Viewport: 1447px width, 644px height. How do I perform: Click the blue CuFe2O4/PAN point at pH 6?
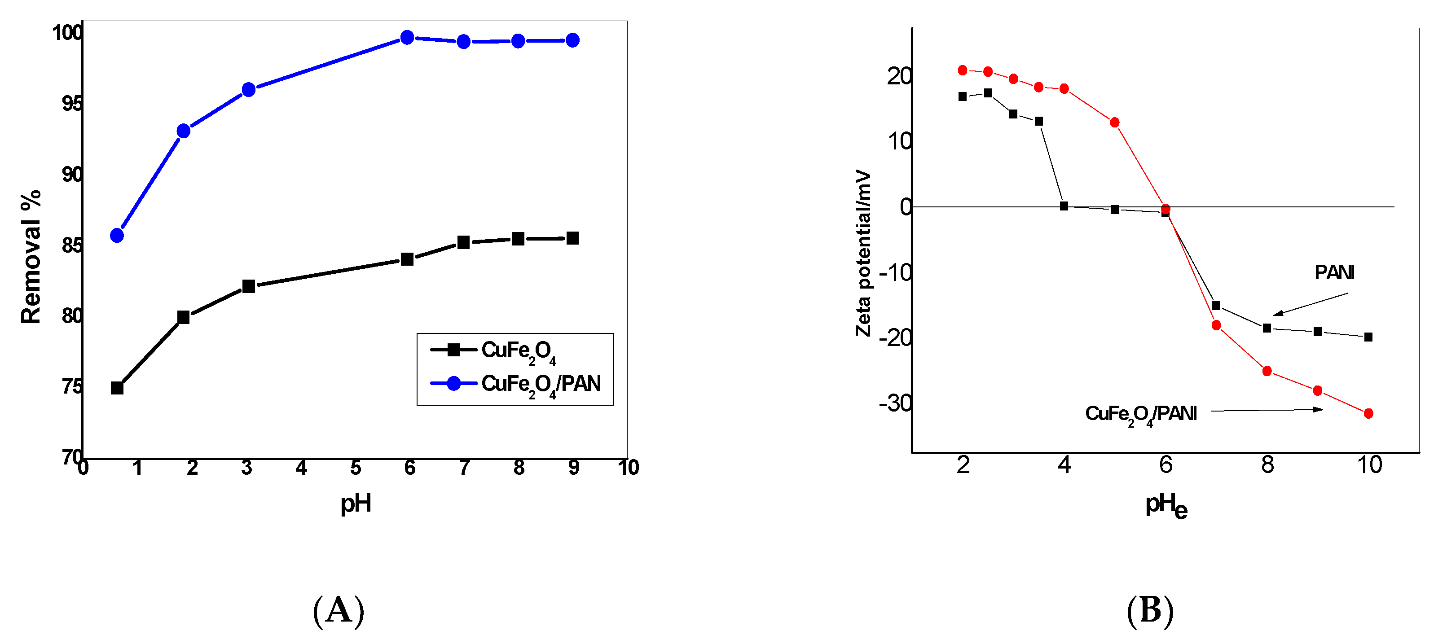[407, 38]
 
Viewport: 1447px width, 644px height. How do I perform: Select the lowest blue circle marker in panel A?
[117, 235]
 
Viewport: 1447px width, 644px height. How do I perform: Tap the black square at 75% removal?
[117, 388]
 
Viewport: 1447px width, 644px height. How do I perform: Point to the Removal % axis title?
[31, 257]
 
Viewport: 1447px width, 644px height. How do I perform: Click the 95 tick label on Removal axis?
[72, 104]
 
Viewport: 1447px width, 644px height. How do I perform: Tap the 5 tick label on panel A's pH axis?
[356, 468]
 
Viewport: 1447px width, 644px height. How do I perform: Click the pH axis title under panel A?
[356, 503]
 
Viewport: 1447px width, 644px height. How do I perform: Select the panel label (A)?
[339, 610]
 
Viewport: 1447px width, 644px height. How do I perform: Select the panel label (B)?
[1150, 610]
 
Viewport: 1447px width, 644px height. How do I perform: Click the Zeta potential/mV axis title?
[863, 253]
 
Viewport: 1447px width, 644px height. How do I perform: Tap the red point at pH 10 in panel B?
[1368, 414]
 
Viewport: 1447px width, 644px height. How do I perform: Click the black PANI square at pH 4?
[1064, 206]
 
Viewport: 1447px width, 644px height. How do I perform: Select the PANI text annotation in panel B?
[1334, 273]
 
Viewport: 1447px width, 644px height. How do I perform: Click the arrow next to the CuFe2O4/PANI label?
[1267, 411]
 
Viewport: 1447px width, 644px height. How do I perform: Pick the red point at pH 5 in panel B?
[1115, 123]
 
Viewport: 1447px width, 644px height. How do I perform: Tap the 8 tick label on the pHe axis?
[1267, 465]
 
